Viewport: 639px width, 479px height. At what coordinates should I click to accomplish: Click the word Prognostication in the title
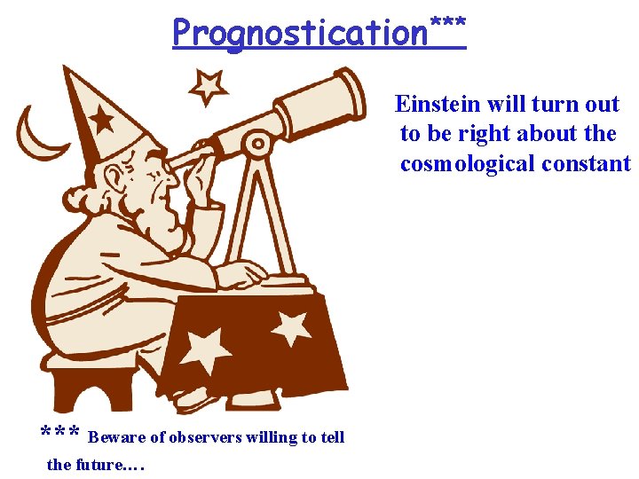(300, 34)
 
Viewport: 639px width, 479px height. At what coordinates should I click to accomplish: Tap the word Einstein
(438, 105)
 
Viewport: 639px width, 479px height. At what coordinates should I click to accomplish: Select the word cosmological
(472, 164)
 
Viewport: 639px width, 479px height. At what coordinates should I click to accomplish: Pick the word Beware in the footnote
(115, 437)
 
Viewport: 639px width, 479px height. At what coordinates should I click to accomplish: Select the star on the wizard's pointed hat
(100, 118)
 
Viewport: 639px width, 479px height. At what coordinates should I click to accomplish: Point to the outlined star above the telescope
(209, 86)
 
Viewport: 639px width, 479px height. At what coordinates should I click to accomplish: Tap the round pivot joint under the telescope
(258, 142)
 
